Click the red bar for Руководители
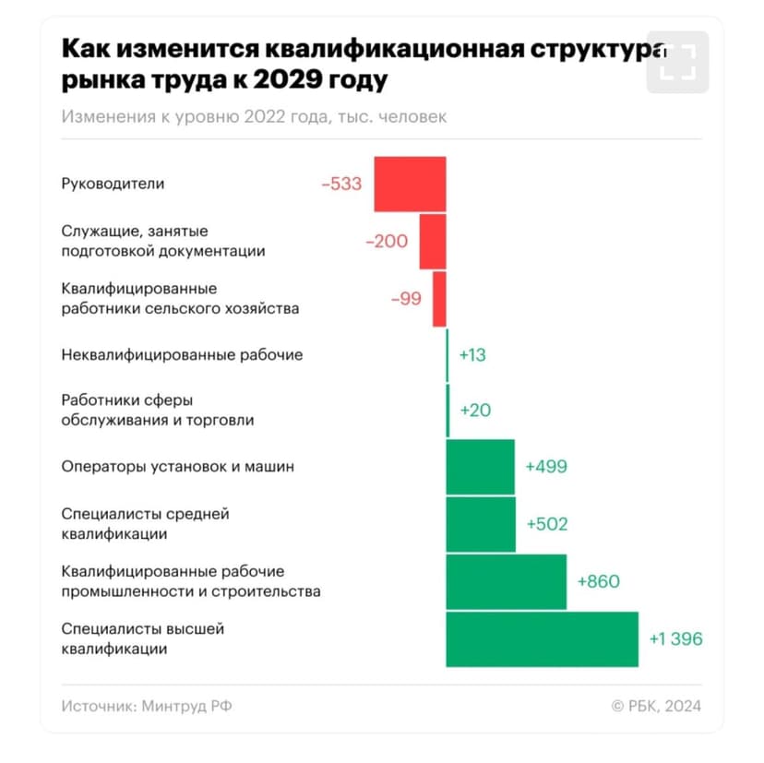tap(410, 185)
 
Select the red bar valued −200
tap(433, 242)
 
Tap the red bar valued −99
tap(439, 298)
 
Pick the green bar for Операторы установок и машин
tap(480, 467)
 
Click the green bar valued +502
tap(481, 524)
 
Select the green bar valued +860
tap(506, 581)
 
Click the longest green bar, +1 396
tap(542, 638)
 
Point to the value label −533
tap(341, 185)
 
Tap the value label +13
tap(472, 354)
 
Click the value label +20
tap(475, 411)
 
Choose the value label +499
tap(546, 467)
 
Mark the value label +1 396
tap(676, 638)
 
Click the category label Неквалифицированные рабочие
tap(182, 354)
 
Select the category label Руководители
tap(113, 184)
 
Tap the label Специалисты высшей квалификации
tap(143, 638)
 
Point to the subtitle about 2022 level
tap(255, 117)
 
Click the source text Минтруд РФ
tap(186, 706)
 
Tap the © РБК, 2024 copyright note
tap(656, 706)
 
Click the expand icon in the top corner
tap(677, 63)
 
